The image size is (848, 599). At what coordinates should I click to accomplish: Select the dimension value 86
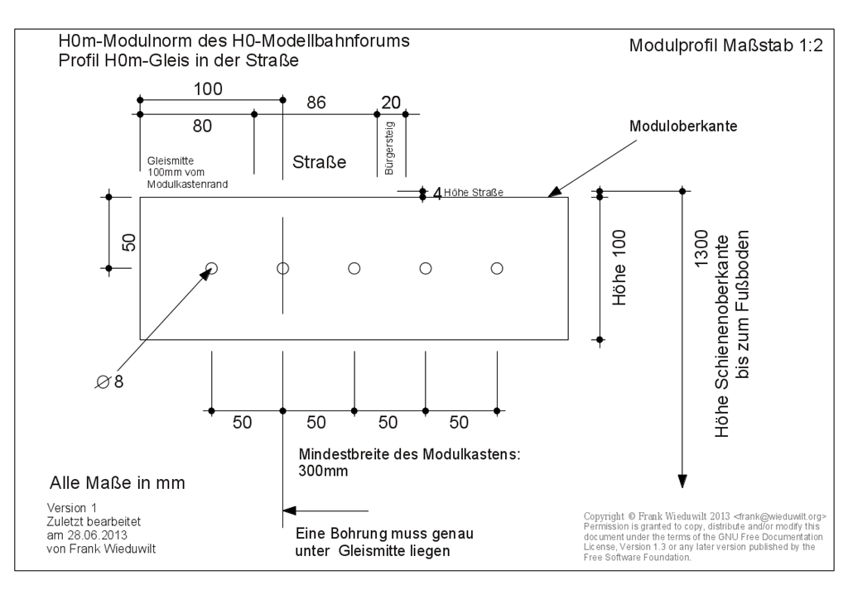pos(316,103)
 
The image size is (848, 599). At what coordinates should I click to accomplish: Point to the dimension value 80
pos(202,126)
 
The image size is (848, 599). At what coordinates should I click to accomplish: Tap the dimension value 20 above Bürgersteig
pos(391,103)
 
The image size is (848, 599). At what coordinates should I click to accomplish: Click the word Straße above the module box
pos(319,162)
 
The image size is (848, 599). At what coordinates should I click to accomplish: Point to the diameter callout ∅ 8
pos(109,382)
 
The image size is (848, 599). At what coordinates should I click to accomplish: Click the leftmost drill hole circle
pos(212,268)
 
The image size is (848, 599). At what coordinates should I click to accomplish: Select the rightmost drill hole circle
pos(497,268)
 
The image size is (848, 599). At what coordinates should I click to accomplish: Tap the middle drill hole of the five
pos(354,268)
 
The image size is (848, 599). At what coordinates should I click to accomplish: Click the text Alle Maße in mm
pos(117,482)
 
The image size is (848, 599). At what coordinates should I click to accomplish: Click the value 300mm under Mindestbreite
pos(323,472)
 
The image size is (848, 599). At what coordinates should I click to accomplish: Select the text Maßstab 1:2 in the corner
pos(779,46)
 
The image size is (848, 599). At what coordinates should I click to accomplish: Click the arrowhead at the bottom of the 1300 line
pos(683,481)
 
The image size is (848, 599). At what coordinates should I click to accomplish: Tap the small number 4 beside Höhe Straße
pos(437,194)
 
